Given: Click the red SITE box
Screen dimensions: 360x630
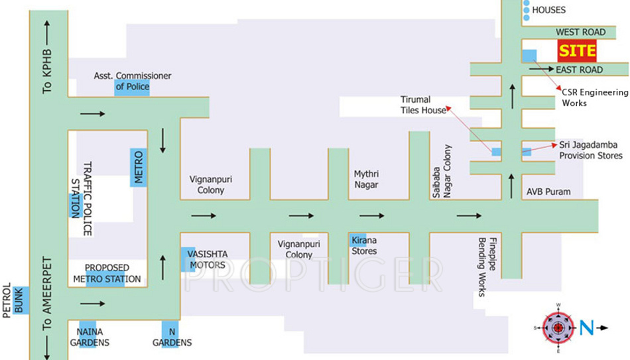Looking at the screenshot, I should [x=576, y=50].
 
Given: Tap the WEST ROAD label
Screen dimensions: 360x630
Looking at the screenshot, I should [x=580, y=32].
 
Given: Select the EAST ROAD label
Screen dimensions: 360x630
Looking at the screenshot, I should [x=579, y=70].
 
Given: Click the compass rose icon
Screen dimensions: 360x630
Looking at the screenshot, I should [x=558, y=328].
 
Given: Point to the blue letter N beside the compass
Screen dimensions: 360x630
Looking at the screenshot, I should [x=586, y=327].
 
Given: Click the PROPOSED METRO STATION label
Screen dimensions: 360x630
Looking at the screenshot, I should [x=107, y=273].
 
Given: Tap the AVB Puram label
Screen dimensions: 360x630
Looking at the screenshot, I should [x=548, y=192].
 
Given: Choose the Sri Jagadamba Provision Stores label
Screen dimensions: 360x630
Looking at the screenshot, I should [x=591, y=149].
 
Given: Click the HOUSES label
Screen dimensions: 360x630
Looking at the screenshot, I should [x=548, y=10].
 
